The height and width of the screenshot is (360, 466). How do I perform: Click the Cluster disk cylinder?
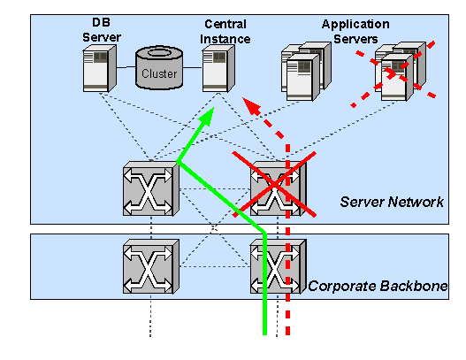159,69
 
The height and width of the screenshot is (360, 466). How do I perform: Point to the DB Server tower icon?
99,69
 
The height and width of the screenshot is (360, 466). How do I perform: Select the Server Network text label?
392,203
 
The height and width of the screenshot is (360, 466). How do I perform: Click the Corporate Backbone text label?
378,287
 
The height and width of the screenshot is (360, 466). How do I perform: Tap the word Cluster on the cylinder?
159,73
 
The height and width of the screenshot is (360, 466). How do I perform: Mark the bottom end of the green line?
265,333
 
